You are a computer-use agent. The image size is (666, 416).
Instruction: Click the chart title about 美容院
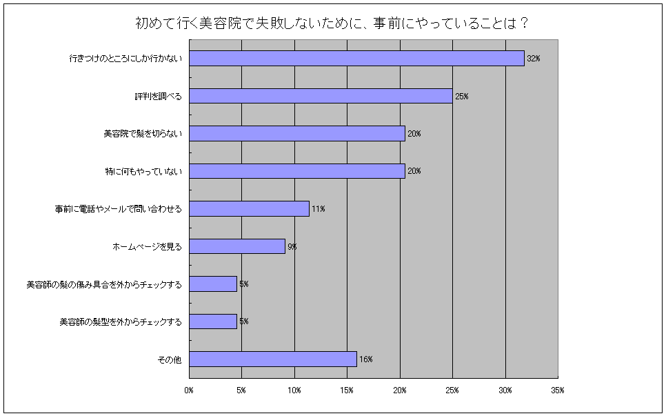tap(332, 23)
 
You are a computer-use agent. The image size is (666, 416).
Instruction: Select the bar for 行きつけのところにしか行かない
tap(356, 59)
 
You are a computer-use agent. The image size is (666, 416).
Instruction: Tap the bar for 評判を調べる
tap(321, 96)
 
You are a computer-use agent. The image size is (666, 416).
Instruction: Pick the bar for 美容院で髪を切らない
tap(296, 133)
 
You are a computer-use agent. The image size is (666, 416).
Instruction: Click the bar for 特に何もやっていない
tap(296, 171)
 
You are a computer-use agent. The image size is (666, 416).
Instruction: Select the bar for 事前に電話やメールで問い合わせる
tap(249, 208)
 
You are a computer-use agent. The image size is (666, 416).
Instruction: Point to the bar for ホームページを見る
tap(236, 246)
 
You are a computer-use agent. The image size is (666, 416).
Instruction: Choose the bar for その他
tap(272, 359)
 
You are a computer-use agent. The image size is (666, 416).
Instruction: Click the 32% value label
tap(533, 59)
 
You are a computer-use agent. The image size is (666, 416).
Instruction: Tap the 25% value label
tap(461, 96)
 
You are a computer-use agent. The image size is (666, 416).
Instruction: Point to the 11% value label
tap(318, 208)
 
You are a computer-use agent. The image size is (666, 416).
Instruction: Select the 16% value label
tap(365, 359)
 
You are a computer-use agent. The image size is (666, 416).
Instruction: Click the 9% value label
tap(292, 246)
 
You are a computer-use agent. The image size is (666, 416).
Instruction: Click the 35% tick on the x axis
tap(558, 390)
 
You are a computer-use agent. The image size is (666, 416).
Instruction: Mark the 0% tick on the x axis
tap(189, 390)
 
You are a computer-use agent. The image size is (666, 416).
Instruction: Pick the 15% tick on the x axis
tap(347, 390)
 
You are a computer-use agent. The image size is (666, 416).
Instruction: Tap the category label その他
tap(170, 359)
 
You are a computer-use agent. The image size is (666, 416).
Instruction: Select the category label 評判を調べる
tap(158, 96)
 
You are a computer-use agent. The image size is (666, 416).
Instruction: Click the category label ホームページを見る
tap(147, 246)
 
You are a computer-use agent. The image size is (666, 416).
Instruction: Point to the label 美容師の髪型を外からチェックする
tap(121, 321)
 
